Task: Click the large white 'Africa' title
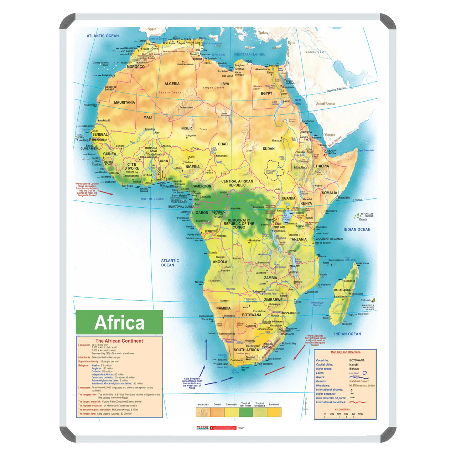point(119,322)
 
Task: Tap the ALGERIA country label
point(172,84)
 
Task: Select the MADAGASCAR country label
point(343,290)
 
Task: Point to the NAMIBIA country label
point(223,308)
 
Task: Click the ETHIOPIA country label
point(321,166)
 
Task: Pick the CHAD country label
point(223,144)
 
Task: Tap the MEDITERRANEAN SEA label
point(249,55)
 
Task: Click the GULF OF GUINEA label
point(152,199)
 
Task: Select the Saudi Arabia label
point(326,104)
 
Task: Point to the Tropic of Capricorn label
point(358,314)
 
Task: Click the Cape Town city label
point(222,364)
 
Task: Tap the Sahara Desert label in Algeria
point(170,93)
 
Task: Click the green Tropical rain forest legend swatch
point(245,412)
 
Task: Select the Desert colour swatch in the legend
point(217,412)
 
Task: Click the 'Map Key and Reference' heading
point(346,352)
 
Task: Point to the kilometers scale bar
point(342,416)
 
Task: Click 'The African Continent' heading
point(119,341)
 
